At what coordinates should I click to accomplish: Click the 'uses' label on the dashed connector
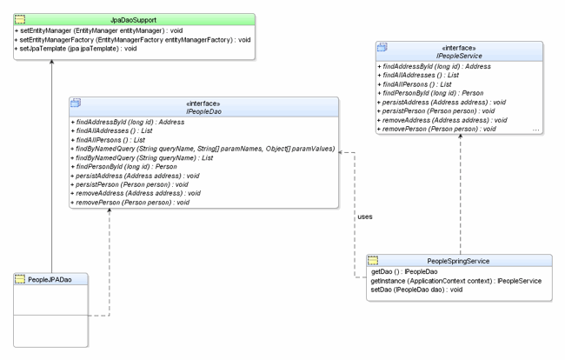coord(365,217)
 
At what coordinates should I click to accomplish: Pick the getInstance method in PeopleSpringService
coord(456,281)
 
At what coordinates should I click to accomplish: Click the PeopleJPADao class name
coord(50,279)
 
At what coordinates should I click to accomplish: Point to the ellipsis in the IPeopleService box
coord(535,129)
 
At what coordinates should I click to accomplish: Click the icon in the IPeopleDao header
coord(76,104)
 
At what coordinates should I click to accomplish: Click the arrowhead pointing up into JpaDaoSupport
coord(53,64)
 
